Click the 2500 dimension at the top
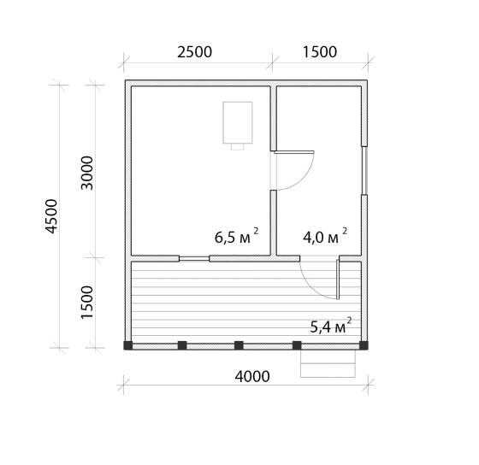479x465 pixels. (x=195, y=52)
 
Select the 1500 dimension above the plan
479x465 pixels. (x=320, y=52)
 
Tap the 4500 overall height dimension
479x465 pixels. (x=51, y=216)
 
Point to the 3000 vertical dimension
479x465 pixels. (x=86, y=173)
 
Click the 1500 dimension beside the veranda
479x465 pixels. (x=86, y=303)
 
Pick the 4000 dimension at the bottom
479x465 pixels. (x=252, y=376)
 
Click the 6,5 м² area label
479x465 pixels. (x=237, y=236)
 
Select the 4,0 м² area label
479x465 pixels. (x=325, y=236)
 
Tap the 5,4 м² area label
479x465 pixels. (x=331, y=326)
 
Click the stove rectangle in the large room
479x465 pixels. (x=238, y=122)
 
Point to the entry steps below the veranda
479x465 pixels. (x=328, y=363)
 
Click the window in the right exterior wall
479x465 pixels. (x=364, y=170)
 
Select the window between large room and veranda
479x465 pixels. (x=194, y=259)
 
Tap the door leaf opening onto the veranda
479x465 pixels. (x=338, y=280)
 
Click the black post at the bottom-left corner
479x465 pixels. (x=127, y=345)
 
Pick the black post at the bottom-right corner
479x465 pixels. (x=364, y=345)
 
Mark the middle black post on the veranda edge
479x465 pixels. (x=239, y=345)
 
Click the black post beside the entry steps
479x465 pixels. (x=297, y=345)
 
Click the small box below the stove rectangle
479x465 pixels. (x=238, y=146)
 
